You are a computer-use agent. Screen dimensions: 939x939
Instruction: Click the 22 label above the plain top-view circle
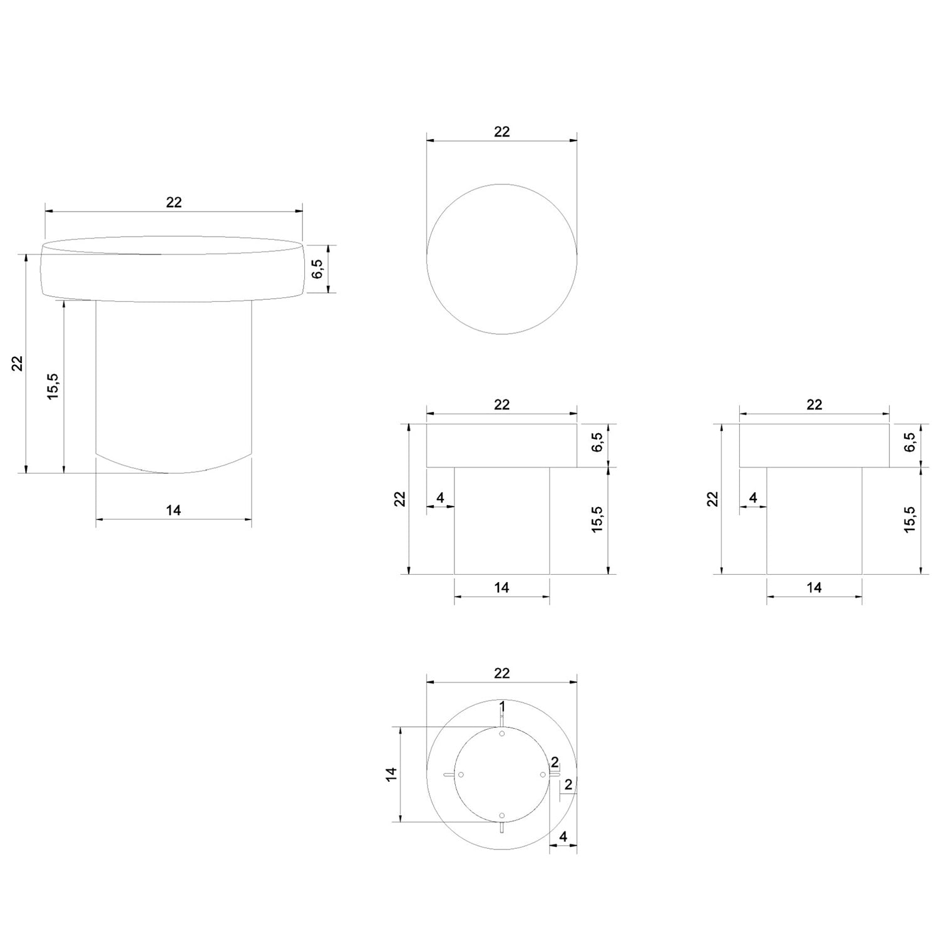(x=502, y=131)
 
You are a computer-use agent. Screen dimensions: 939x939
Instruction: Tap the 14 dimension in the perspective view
(x=173, y=510)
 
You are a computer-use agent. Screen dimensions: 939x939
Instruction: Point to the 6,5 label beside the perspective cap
(x=317, y=269)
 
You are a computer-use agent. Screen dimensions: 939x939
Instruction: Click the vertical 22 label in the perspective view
(x=18, y=364)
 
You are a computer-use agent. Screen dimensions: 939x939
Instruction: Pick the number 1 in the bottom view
(x=502, y=707)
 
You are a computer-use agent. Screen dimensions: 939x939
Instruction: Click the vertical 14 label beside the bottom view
(x=392, y=774)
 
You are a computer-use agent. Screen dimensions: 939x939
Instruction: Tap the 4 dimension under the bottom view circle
(x=563, y=836)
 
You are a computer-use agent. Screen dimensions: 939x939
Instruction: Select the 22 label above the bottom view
(x=502, y=673)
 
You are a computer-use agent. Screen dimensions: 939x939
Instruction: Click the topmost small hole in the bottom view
(x=502, y=734)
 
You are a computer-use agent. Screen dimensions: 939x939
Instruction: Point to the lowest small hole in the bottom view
(x=502, y=815)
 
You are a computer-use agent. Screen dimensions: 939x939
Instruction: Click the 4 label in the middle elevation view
(x=440, y=498)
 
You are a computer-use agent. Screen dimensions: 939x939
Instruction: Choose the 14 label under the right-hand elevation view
(x=814, y=587)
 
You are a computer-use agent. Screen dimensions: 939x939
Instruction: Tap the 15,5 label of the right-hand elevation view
(x=910, y=520)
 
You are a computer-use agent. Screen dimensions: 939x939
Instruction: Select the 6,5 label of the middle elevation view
(x=597, y=442)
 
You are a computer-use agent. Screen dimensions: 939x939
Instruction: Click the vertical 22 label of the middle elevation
(x=400, y=499)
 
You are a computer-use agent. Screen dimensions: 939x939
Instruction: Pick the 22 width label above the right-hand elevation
(x=814, y=404)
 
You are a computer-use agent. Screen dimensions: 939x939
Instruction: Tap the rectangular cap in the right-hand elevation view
(x=814, y=446)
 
